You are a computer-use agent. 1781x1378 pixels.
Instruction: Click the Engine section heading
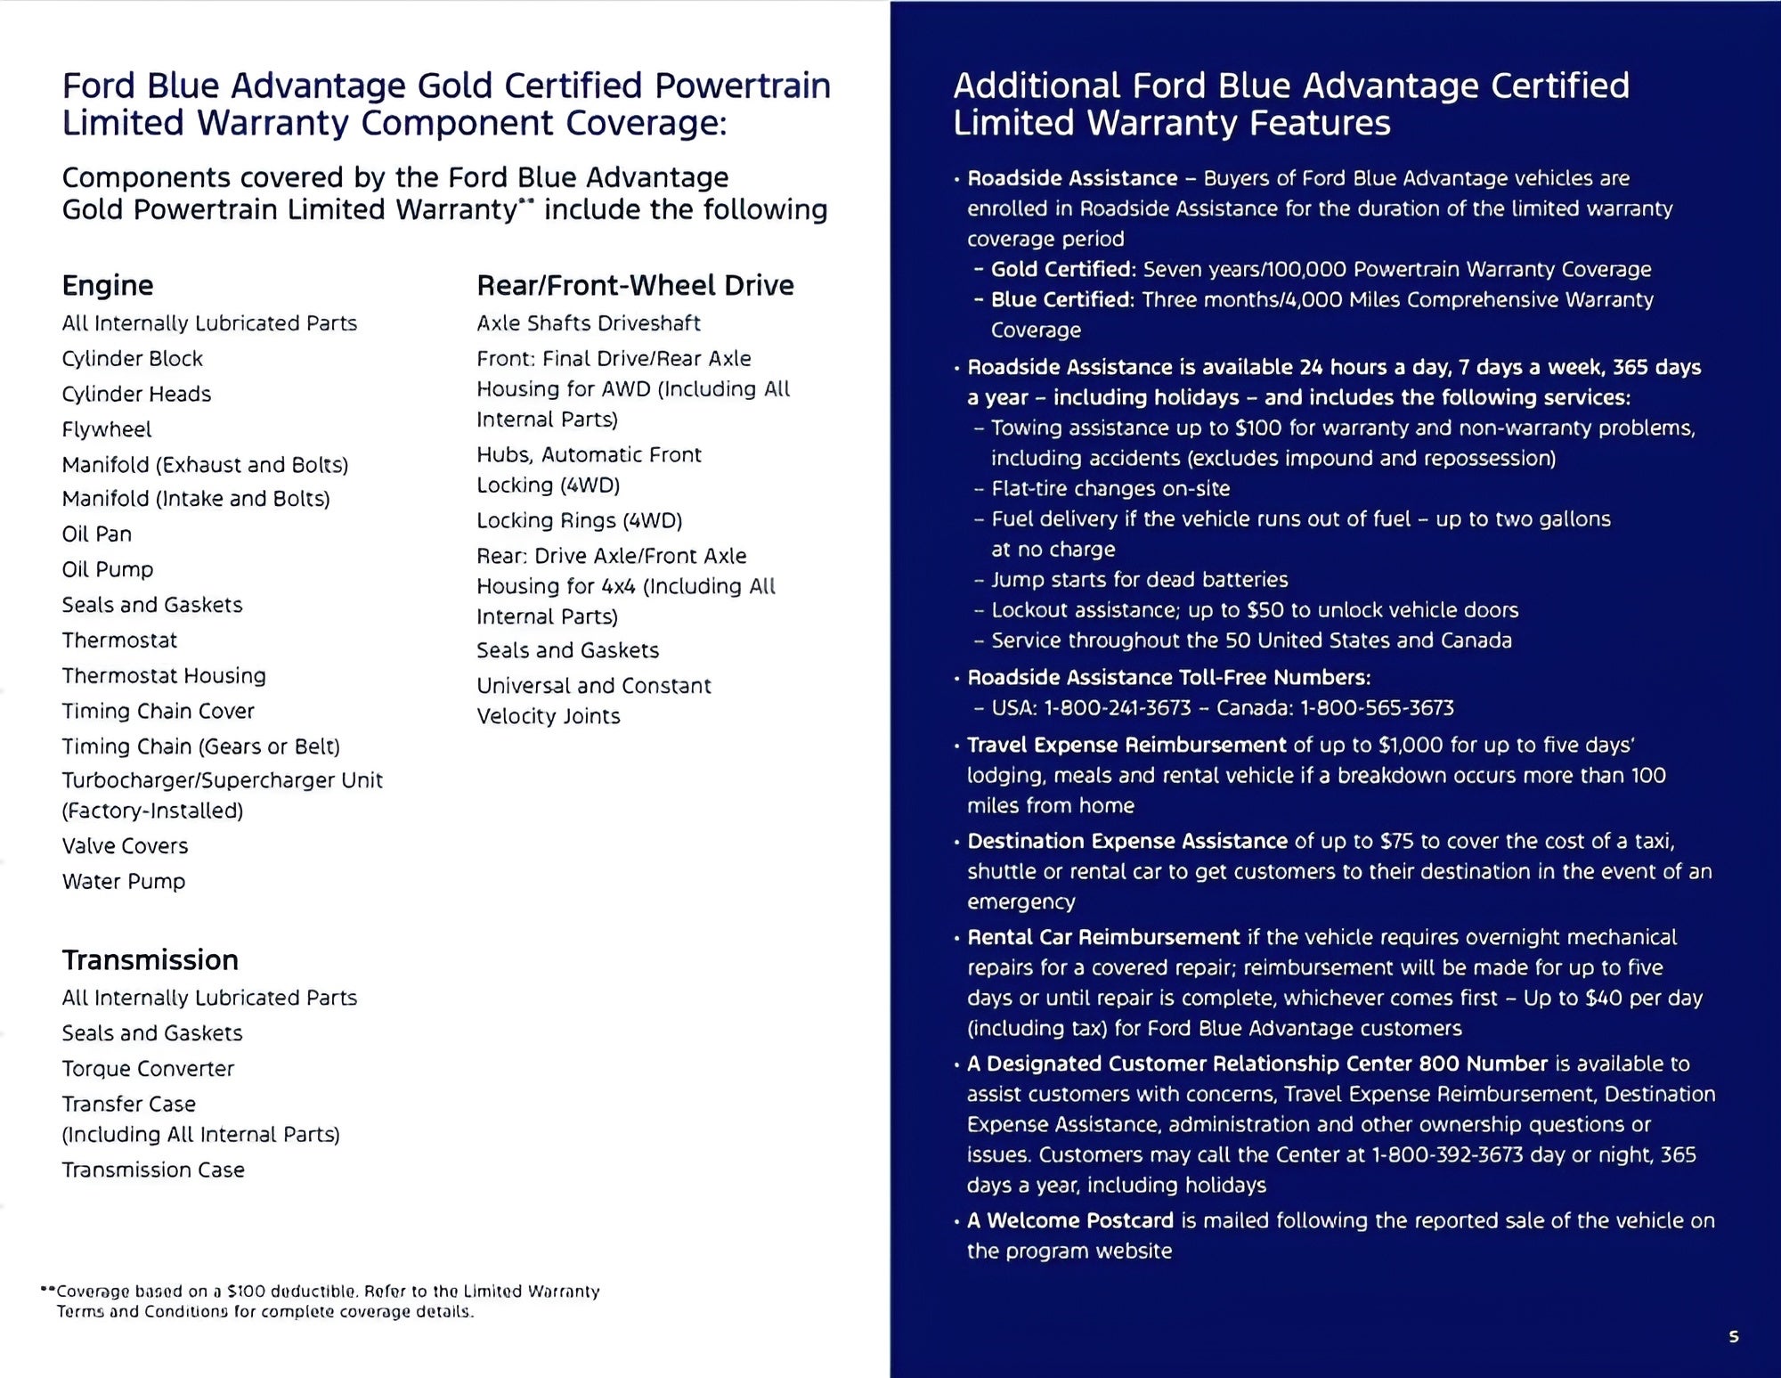coord(108,285)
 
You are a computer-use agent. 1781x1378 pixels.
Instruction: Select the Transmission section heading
coord(150,959)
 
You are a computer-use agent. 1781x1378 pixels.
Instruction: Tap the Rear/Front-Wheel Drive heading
coord(635,285)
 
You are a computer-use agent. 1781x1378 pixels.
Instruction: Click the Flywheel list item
coord(107,429)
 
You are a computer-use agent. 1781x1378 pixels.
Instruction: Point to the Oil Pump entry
coord(108,569)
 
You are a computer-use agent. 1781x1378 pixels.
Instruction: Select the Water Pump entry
coord(124,881)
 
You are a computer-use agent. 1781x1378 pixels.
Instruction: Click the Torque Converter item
coord(148,1068)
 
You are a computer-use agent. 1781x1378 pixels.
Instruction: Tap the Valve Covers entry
coord(125,845)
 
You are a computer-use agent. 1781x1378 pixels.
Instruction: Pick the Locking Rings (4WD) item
coord(579,520)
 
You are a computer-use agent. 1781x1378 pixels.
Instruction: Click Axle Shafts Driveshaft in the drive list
coord(588,322)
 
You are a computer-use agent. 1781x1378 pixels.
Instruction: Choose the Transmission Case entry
coord(153,1170)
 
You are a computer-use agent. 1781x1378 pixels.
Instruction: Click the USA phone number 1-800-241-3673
coord(1118,708)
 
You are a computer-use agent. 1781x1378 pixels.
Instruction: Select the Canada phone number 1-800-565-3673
coord(1377,708)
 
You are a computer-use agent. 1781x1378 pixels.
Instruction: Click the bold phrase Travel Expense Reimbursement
coord(1126,745)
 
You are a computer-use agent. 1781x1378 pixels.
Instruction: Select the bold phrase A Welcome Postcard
coord(1070,1220)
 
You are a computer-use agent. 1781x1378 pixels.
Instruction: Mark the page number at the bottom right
coord(1733,1336)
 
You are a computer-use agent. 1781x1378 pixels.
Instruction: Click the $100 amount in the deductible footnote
coord(246,1292)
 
